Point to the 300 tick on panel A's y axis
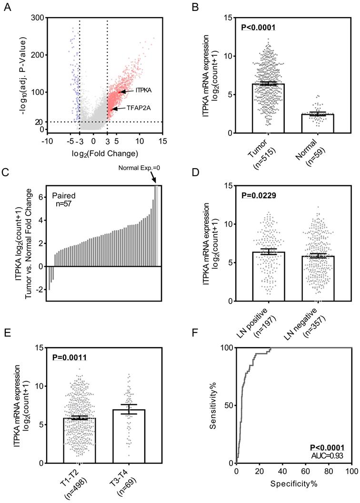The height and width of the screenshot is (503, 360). [38, 18]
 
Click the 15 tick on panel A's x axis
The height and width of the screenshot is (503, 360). [163, 141]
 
